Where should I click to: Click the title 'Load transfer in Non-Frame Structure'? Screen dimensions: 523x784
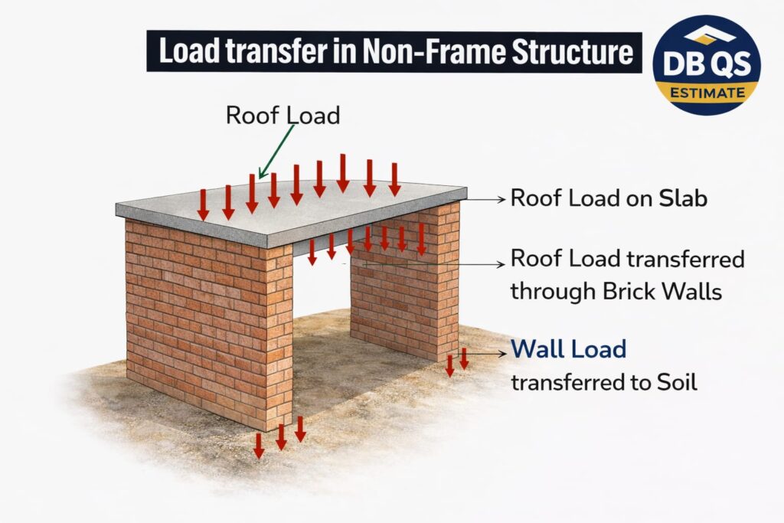click(x=394, y=51)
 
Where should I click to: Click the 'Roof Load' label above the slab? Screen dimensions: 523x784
click(x=283, y=115)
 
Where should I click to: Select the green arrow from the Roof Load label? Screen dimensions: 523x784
click(x=277, y=151)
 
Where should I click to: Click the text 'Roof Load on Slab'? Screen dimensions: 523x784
click(x=608, y=198)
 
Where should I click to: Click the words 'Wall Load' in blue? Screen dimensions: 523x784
click(x=568, y=350)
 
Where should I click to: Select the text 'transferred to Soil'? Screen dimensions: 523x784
click(x=603, y=381)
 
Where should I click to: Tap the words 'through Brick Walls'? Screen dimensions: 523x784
click(x=616, y=291)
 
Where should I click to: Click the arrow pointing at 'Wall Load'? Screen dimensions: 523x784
click(x=490, y=353)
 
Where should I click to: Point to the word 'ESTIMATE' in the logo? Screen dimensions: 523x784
click(x=706, y=93)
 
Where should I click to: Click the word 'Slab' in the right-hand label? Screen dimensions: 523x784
click(x=683, y=198)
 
